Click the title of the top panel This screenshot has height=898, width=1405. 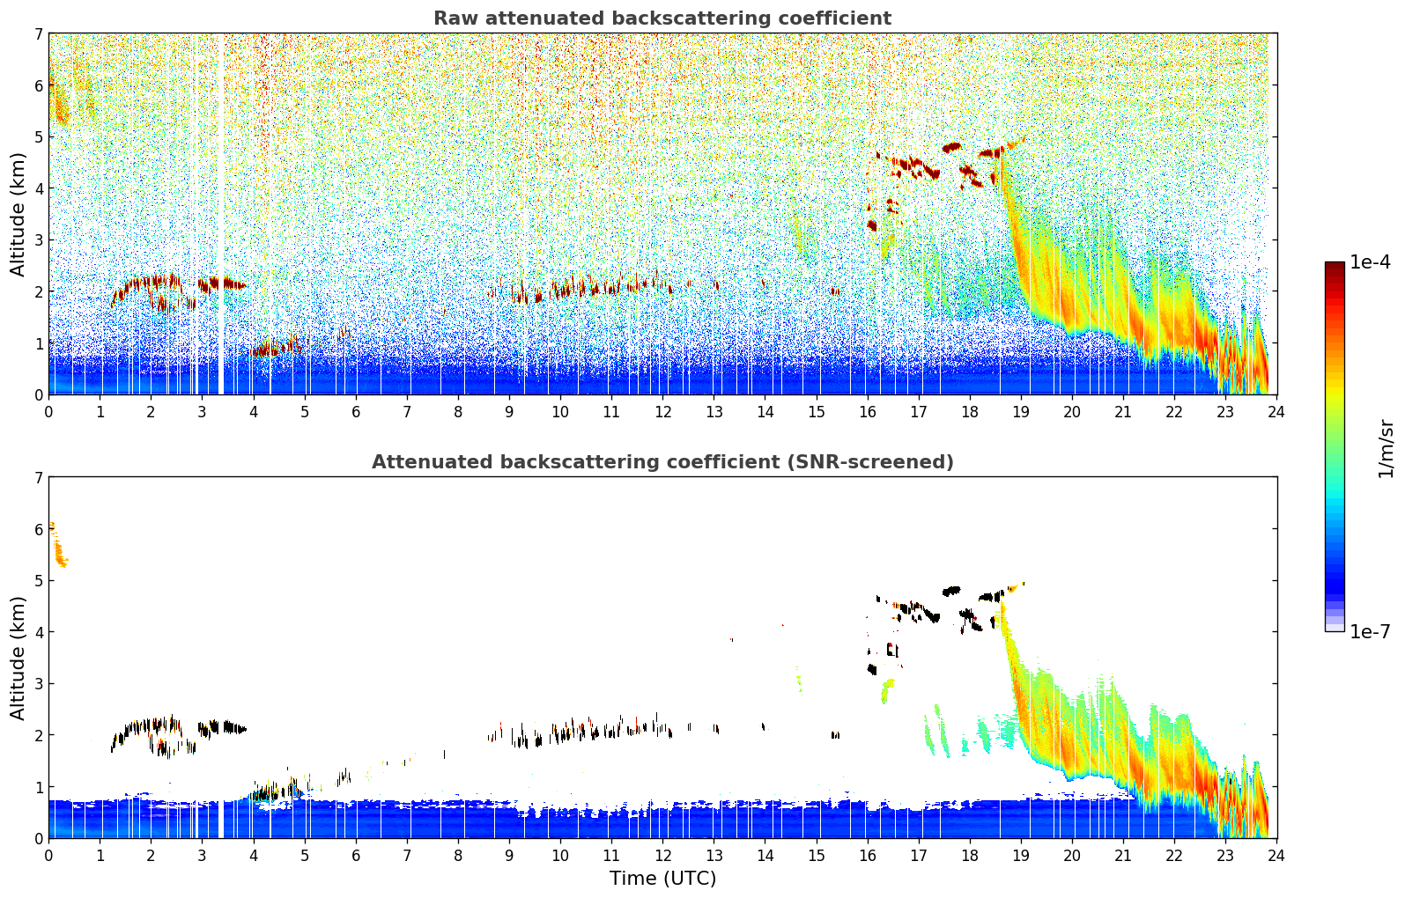click(662, 18)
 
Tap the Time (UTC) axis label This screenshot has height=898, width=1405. click(662, 879)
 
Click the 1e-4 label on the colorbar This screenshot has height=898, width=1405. click(1370, 262)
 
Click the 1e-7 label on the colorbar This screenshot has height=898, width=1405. click(1370, 631)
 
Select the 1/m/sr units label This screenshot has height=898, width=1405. click(1386, 448)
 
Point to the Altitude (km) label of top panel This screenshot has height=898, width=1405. click(18, 214)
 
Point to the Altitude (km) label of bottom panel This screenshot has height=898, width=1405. click(18, 658)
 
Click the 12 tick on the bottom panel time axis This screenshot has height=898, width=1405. click(662, 855)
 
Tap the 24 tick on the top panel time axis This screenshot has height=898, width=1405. click(1276, 411)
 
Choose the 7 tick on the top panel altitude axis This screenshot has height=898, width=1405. click(38, 34)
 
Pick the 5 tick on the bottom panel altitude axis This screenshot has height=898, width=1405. click(38, 581)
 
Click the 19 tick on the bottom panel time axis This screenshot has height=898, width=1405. click(1021, 855)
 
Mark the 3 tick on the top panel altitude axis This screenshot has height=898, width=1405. click(38, 240)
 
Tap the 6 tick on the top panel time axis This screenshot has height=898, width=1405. click(356, 411)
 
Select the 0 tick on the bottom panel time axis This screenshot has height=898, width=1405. click(48, 855)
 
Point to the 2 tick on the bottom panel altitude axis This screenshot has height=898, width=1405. click(38, 735)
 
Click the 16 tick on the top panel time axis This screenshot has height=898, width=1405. click(868, 411)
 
